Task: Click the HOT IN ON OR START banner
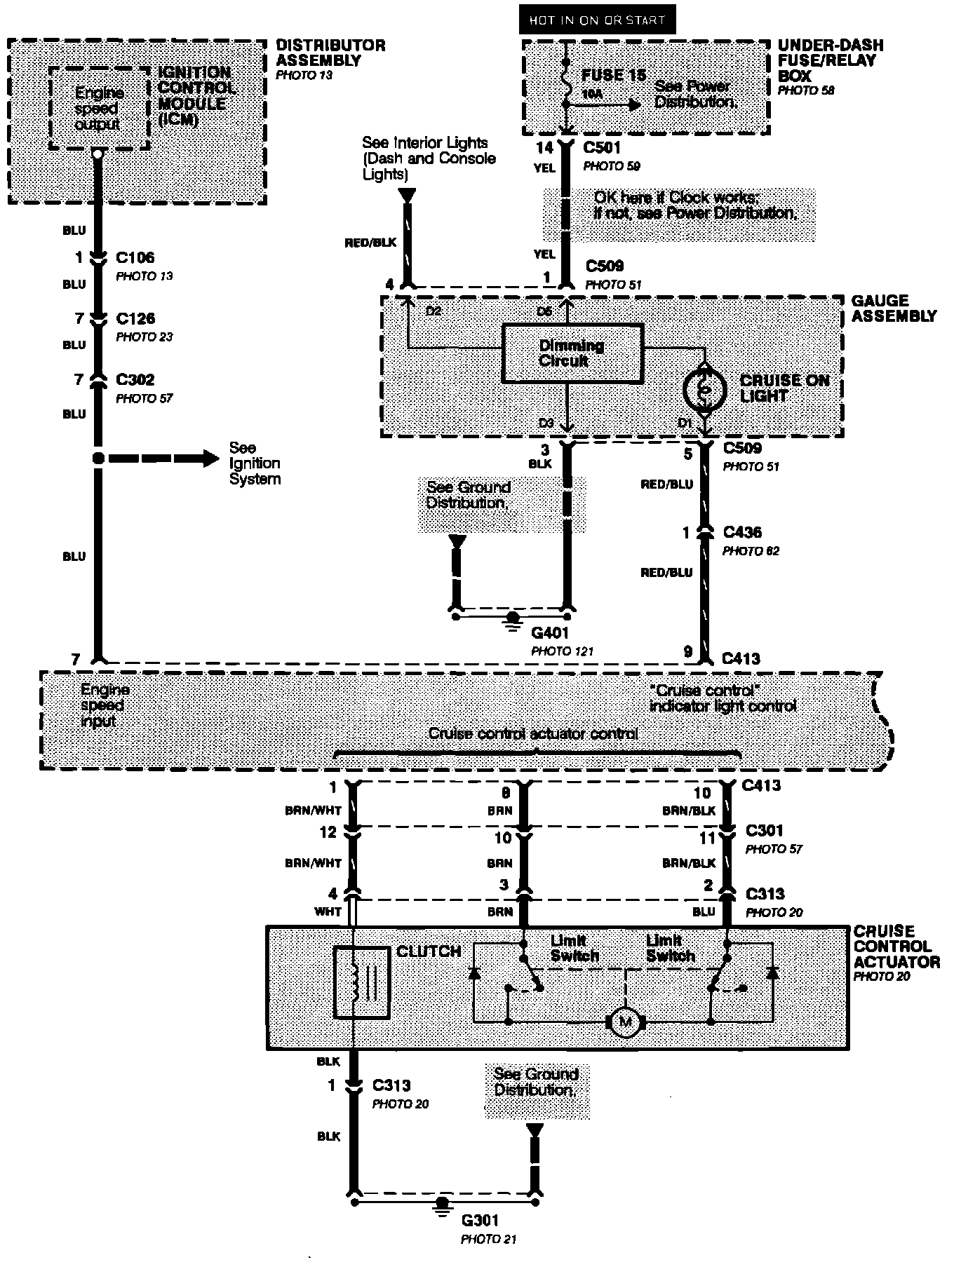[x=597, y=20]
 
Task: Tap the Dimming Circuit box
[x=572, y=353]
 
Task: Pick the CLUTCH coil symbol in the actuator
[x=361, y=982]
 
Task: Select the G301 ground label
[x=481, y=1221]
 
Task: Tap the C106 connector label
[x=135, y=258]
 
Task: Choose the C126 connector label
[x=135, y=319]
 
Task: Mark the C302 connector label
[x=135, y=380]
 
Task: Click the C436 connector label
[x=742, y=533]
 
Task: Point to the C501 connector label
[x=602, y=148]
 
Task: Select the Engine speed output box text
[x=99, y=109]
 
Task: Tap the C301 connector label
[x=764, y=832]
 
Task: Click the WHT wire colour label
[x=328, y=911]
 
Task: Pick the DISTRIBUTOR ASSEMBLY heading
[x=330, y=53]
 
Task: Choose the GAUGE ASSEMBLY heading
[x=893, y=308]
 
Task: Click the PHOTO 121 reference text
[x=562, y=651]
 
